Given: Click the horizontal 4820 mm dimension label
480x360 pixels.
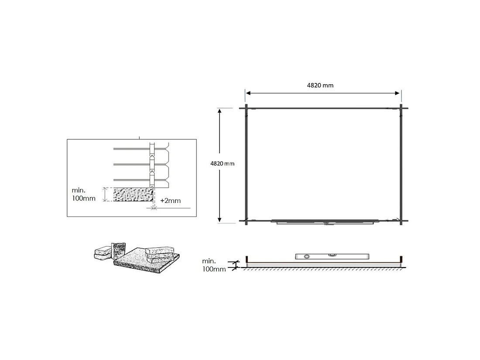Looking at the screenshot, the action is click(320, 86).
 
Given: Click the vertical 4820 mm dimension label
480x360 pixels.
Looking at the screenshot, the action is click(222, 164).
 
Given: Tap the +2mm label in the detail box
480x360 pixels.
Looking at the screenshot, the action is click(171, 201).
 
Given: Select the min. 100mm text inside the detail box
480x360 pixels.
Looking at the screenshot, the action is click(84, 194).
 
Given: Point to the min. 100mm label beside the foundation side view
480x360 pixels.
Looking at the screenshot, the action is click(214, 265).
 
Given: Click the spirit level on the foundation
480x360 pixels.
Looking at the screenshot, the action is click(332, 256).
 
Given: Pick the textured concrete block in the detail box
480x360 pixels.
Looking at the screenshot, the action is click(133, 194).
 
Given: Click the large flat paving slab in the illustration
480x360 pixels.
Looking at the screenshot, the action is click(146, 260).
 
